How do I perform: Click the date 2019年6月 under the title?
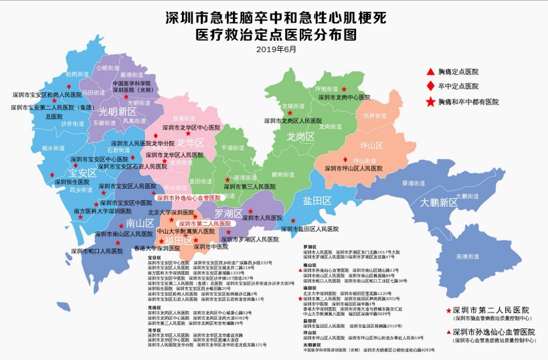coord(274,49)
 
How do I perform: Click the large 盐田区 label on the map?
coord(317,201)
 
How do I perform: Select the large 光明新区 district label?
coord(118,112)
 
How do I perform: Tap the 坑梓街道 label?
coord(375,116)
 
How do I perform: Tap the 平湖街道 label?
coord(232,148)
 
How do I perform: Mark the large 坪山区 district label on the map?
coord(371,145)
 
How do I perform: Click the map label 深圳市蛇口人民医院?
coord(97,252)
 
